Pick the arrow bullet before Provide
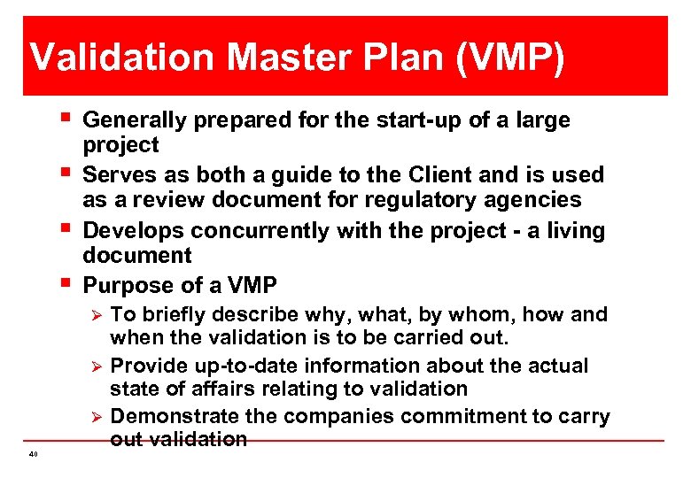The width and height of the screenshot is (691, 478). pos(99,366)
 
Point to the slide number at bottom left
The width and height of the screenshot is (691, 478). pos(32,454)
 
